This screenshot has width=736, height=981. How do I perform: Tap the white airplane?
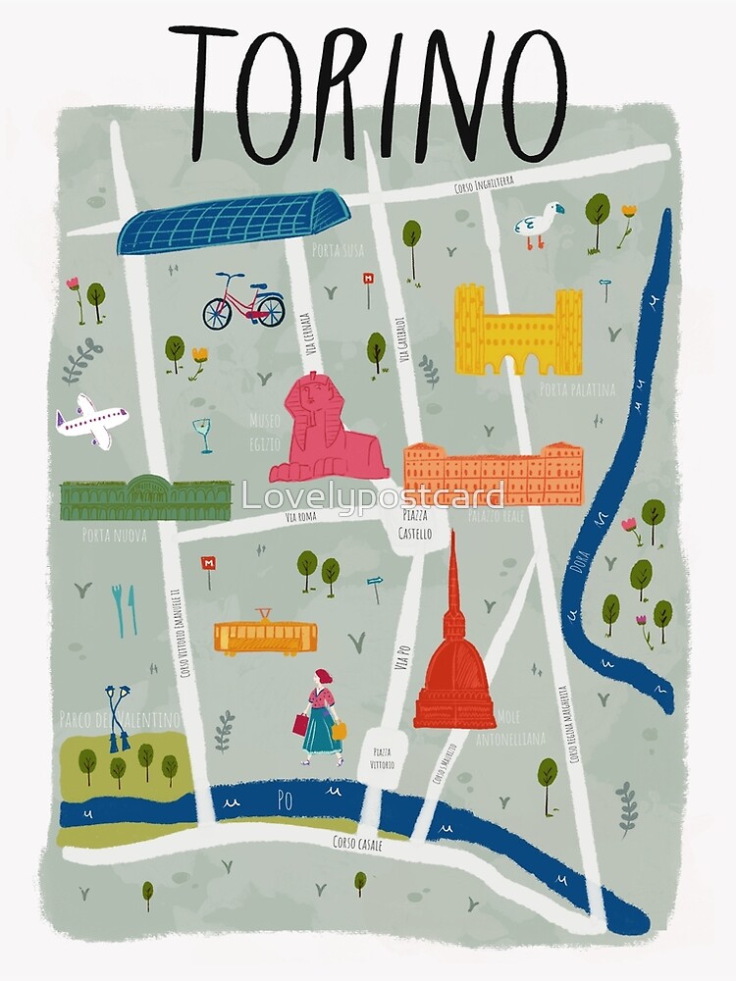[x=91, y=421]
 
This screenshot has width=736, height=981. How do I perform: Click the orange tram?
[x=265, y=636]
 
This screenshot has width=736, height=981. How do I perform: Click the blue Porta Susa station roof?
[x=233, y=222]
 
